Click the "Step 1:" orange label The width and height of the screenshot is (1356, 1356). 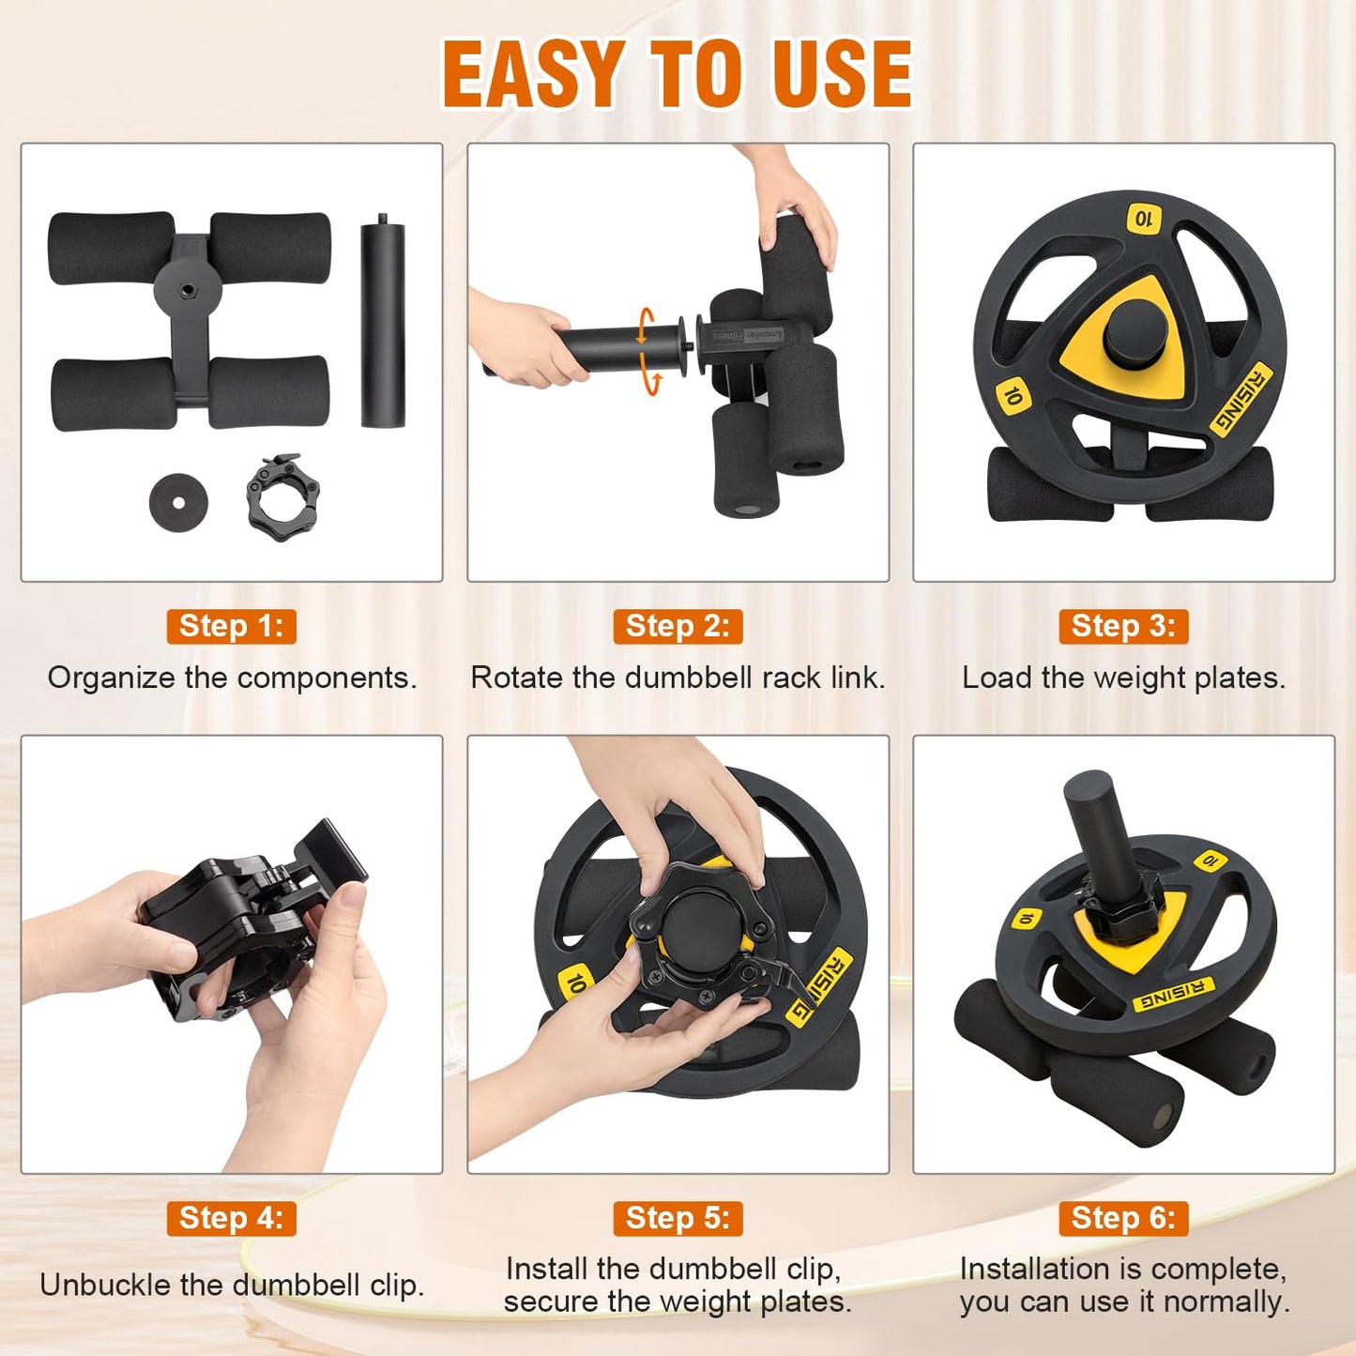pyautogui.click(x=232, y=626)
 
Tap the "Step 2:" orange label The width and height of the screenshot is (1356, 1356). pyautogui.click(x=678, y=626)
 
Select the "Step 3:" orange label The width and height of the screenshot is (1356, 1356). pyautogui.click(x=1123, y=626)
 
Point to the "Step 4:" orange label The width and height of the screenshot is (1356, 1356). pyautogui.click(x=232, y=1218)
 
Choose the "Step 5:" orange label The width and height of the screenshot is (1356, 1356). pyautogui.click(x=678, y=1218)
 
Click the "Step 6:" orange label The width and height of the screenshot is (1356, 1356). pyautogui.click(x=1123, y=1218)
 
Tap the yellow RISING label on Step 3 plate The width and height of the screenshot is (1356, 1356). pyautogui.click(x=1242, y=398)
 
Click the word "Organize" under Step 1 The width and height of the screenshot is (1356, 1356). pyautogui.click(x=111, y=679)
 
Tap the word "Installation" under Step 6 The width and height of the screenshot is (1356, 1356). pyautogui.click(x=1037, y=1270)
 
